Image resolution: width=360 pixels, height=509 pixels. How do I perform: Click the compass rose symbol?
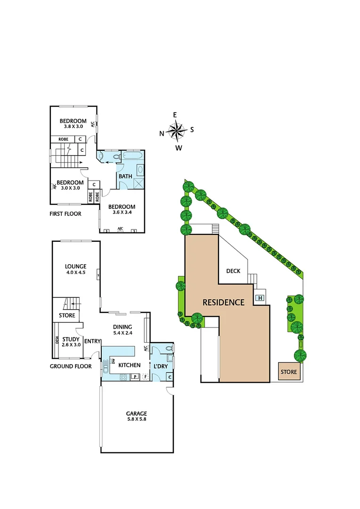[x=177, y=131]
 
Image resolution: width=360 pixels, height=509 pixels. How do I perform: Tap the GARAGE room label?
[x=136, y=416]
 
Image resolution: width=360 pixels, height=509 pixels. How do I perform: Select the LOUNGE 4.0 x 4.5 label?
[x=75, y=269]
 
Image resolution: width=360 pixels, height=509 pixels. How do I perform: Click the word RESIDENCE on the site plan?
[x=223, y=302]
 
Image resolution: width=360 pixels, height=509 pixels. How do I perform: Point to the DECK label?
[x=233, y=271]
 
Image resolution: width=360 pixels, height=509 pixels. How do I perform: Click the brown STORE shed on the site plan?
[x=289, y=372]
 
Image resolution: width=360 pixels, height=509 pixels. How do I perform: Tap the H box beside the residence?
[x=260, y=298]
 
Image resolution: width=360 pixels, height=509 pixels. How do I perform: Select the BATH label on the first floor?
[x=125, y=176]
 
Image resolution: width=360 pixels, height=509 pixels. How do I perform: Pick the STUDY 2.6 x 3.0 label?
[x=71, y=341]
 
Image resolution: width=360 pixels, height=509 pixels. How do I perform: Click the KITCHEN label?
[x=129, y=365]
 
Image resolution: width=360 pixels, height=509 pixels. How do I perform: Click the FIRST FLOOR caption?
[x=65, y=213]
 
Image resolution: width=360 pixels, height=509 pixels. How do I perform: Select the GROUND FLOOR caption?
[x=71, y=366]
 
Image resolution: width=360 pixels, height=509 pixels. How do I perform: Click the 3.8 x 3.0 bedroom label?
[x=73, y=123]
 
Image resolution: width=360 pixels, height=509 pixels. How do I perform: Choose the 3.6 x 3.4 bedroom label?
[x=121, y=209]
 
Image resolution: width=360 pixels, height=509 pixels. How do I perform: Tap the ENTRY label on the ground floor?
[x=91, y=341]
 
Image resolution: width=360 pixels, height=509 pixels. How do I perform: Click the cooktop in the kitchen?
[x=123, y=377]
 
